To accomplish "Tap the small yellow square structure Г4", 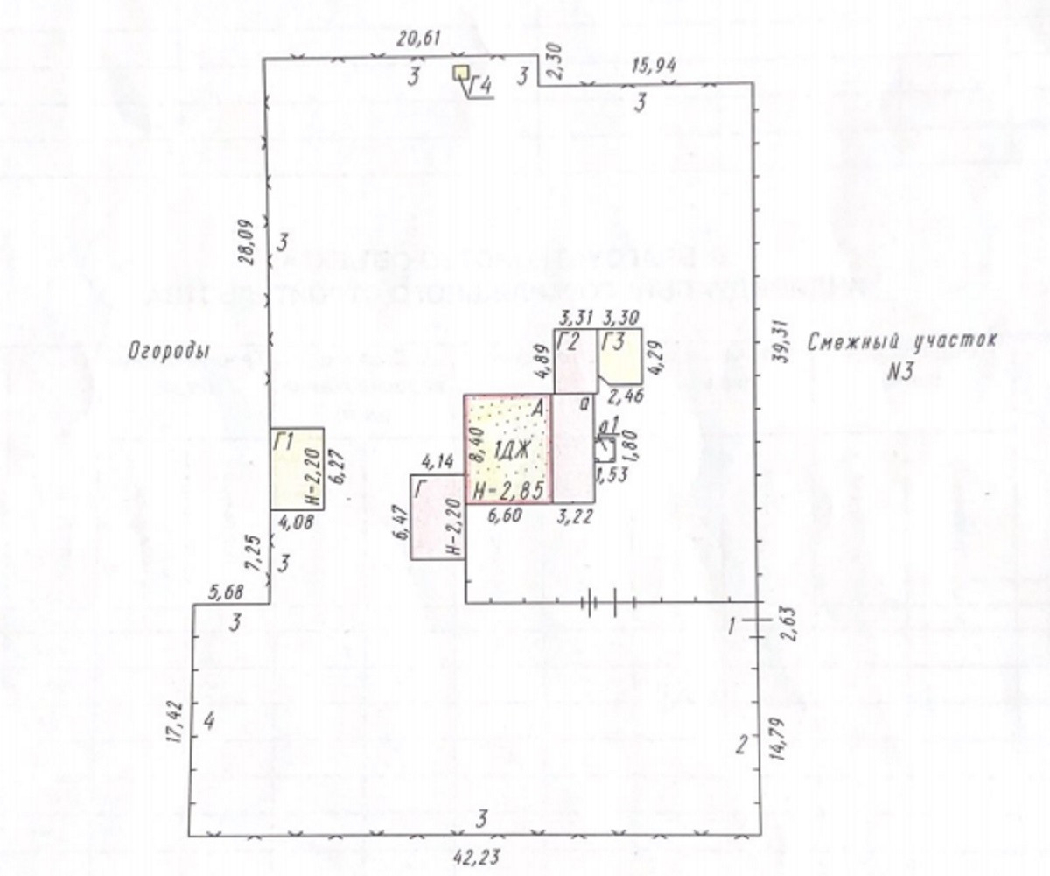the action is click(x=460, y=73).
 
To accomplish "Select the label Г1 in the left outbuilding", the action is click(x=283, y=443).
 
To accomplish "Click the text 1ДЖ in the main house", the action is click(x=506, y=452).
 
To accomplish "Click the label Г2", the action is click(x=570, y=342).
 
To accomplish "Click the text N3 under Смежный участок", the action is click(x=900, y=372).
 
